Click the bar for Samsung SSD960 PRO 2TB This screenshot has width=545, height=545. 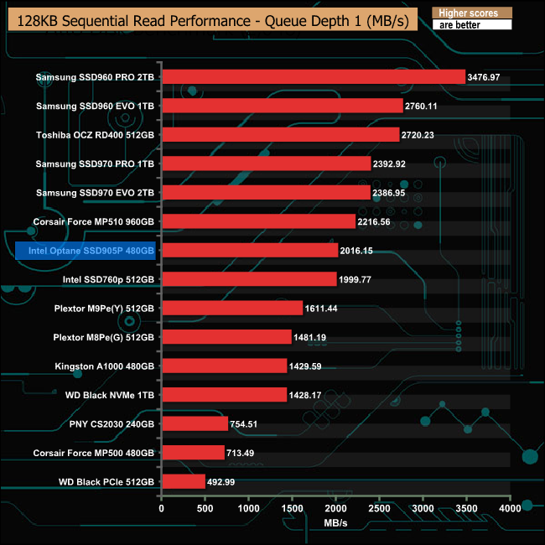pyautogui.click(x=313, y=77)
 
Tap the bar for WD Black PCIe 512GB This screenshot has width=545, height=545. pyautogui.click(x=183, y=481)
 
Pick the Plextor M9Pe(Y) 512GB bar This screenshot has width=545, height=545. pyautogui.click(x=231, y=308)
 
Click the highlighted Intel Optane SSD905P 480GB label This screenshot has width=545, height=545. pyautogui.click(x=86, y=251)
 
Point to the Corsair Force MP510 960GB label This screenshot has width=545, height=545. pyautogui.click(x=93, y=221)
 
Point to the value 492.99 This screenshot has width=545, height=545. pyautogui.click(x=225, y=481)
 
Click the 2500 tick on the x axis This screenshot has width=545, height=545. pyautogui.click(x=379, y=508)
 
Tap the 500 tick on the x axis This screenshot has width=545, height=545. pyautogui.click(x=205, y=508)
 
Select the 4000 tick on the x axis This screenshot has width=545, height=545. pyautogui.click(x=510, y=508)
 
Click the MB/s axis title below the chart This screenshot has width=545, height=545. pyautogui.click(x=335, y=523)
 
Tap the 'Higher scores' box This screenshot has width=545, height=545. pyautogui.click(x=472, y=13)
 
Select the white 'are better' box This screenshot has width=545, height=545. pyautogui.click(x=472, y=25)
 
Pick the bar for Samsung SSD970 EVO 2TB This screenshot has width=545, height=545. pyautogui.click(x=264, y=193)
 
